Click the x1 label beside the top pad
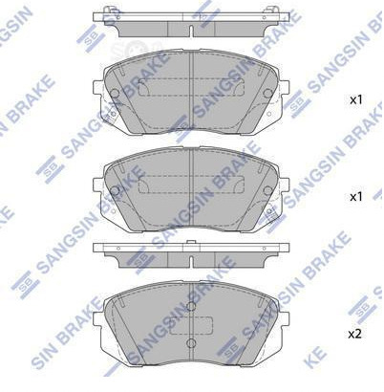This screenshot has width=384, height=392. tap(356, 100)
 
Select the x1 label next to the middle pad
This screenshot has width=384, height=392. tap(356, 197)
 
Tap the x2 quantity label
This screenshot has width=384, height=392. tap(355, 335)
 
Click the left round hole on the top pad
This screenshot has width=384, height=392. tap(115, 93)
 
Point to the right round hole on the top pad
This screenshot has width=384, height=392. tap(267, 93)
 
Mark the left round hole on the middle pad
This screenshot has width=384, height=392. tap(115, 190)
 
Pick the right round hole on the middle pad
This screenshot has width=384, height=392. tap(267, 190)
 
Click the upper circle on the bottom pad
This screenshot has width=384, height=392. tap(191, 306)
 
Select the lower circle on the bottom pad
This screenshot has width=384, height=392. tap(191, 343)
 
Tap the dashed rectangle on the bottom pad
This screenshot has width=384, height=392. tap(191, 326)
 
